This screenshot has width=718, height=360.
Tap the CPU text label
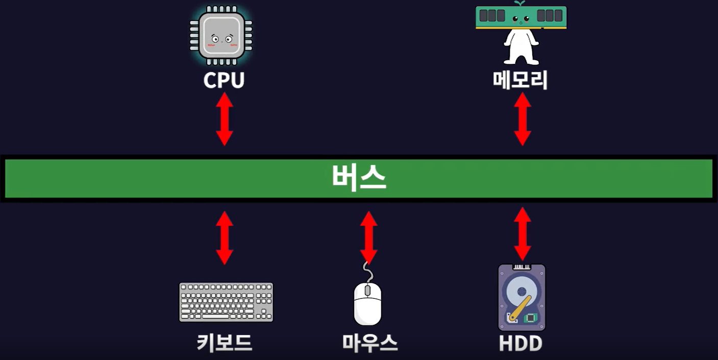[x=224, y=80]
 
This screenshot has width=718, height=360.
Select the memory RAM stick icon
[x=521, y=17]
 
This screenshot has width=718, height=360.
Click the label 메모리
[x=521, y=80]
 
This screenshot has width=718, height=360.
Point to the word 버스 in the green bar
[x=359, y=178]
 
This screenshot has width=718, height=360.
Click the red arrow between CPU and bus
[x=225, y=119]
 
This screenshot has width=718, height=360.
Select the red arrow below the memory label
[x=522, y=119]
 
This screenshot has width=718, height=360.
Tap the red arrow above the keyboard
[x=225, y=237]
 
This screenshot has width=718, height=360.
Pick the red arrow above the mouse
[x=368, y=237]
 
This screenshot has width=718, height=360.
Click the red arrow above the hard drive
[x=522, y=234]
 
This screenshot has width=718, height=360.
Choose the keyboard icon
[x=226, y=302]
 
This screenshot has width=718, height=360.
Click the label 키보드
[x=225, y=343]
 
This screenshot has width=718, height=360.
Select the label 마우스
[x=370, y=343]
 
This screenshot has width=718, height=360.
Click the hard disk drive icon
[x=522, y=297]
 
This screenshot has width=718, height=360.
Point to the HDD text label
[x=521, y=343]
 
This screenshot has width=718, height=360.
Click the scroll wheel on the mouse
[x=368, y=290]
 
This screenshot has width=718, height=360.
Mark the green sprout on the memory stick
[x=520, y=4]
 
